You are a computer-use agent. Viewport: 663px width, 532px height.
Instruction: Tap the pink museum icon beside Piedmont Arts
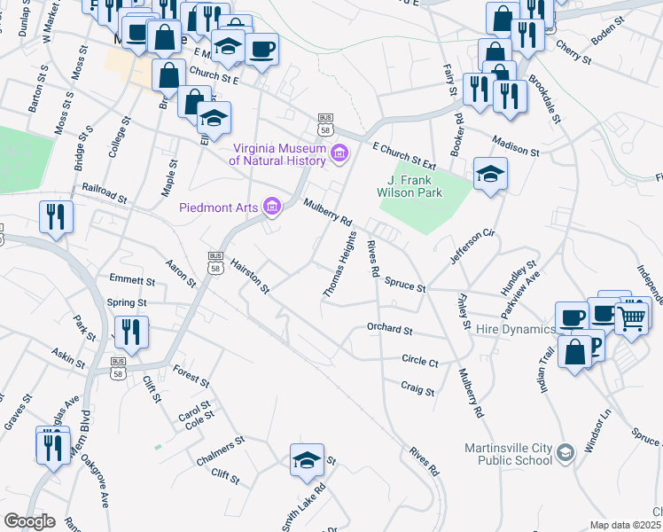272,207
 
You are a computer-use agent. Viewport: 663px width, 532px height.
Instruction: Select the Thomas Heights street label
339,264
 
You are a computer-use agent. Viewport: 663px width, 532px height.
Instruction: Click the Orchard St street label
390,330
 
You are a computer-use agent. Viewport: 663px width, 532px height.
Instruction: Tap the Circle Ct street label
420,362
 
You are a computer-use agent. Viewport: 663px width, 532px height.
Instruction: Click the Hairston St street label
249,272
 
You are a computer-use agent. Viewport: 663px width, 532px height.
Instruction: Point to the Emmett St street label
132,280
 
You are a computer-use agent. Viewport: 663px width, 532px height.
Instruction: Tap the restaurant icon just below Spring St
131,332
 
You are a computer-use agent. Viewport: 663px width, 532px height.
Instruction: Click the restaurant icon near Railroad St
55,215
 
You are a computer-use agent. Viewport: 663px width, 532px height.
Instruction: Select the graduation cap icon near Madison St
489,174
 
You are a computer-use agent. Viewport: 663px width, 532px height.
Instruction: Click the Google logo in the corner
29,521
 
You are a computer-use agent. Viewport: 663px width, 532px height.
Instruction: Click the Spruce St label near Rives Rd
405,286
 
